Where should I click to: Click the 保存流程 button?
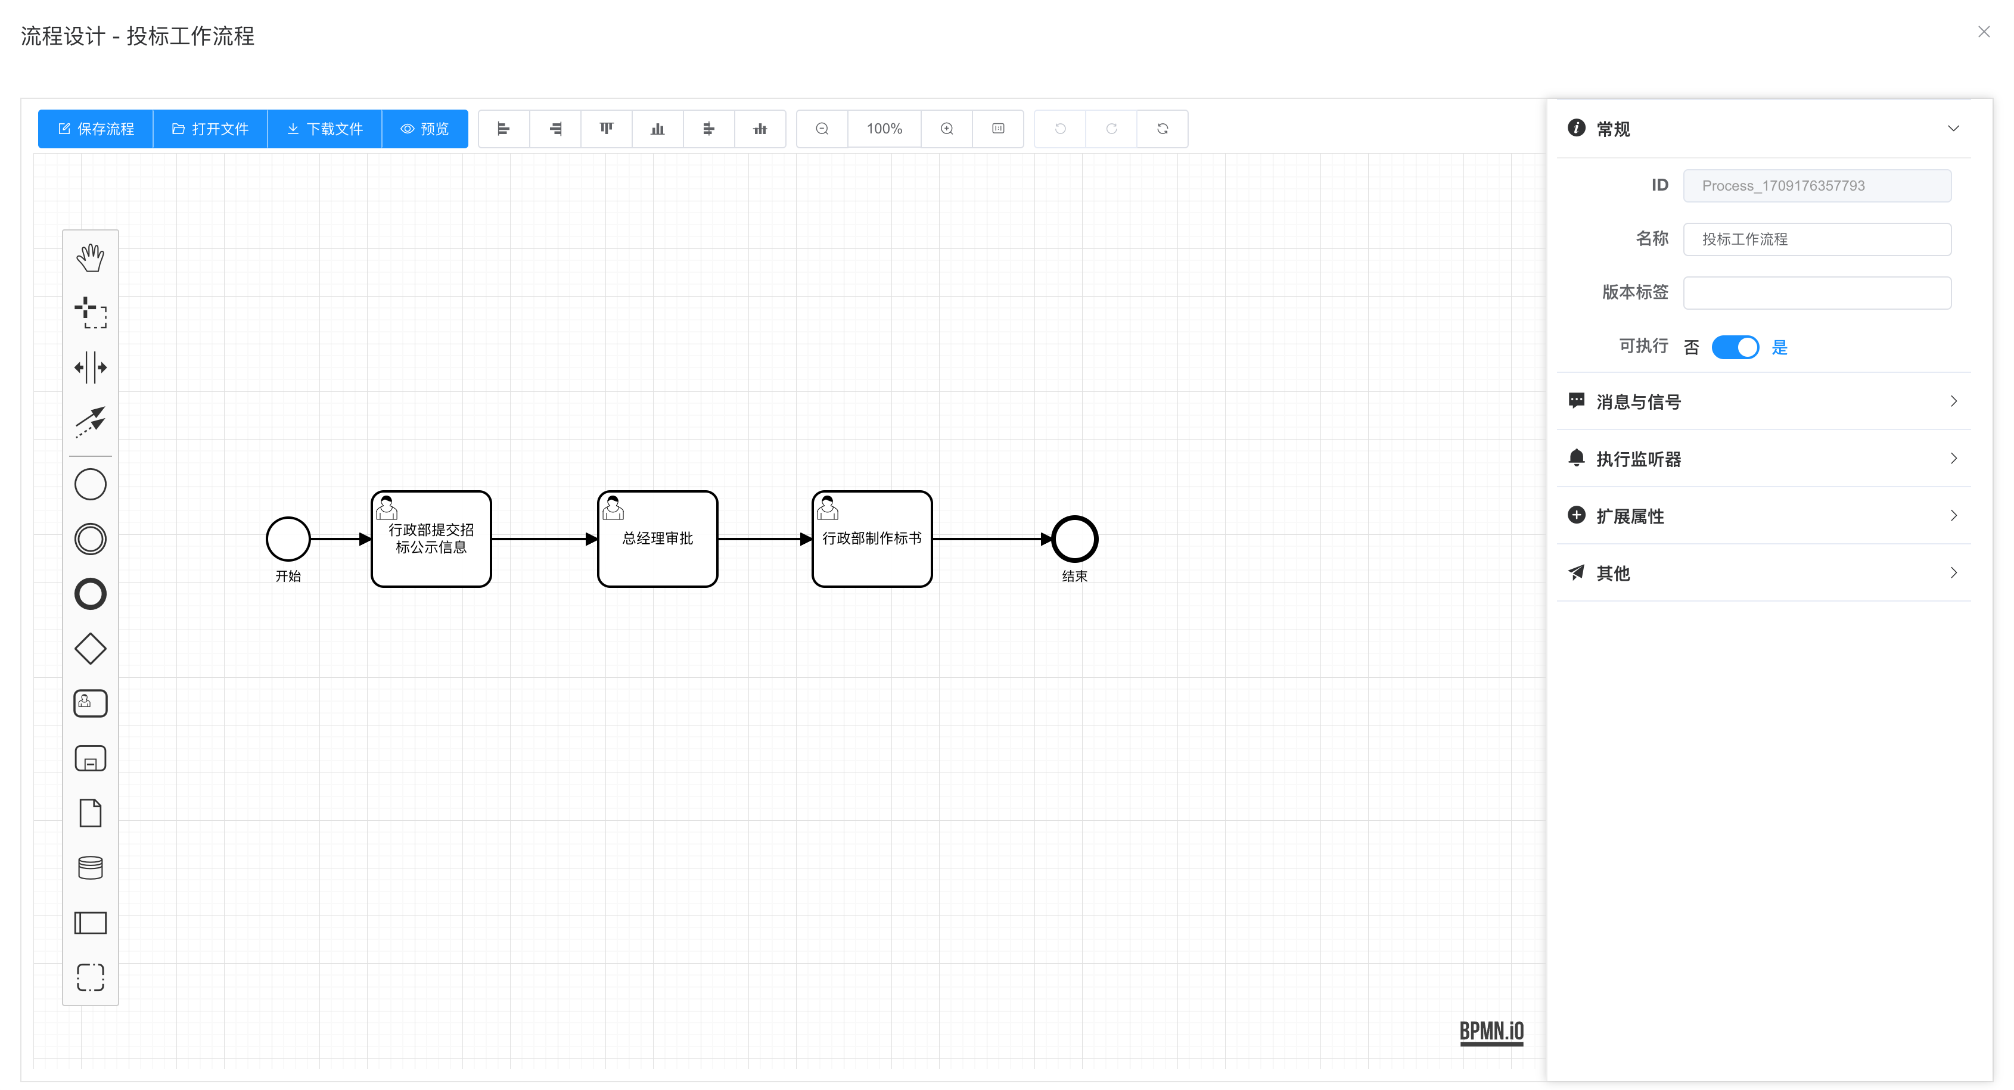[95, 129]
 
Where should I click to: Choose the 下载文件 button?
[325, 129]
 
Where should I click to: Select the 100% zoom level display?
[884, 129]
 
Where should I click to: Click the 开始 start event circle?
[288, 539]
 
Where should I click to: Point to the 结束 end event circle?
[1074, 539]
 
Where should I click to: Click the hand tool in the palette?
[91, 258]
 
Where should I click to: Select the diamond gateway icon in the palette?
[91, 649]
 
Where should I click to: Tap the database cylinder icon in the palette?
[91, 867]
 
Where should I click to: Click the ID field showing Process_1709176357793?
[1816, 186]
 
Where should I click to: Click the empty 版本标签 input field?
[1816, 293]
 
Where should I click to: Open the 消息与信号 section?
[1763, 401]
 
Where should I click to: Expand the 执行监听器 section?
[1763, 459]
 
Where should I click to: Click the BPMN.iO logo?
[1491, 1032]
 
